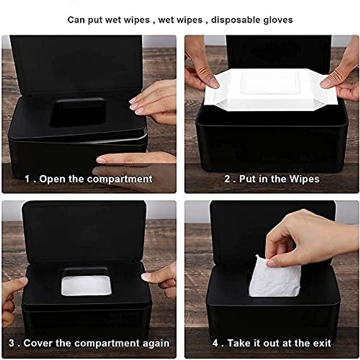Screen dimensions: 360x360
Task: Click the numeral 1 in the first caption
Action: (28, 179)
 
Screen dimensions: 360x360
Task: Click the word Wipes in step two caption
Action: (304, 179)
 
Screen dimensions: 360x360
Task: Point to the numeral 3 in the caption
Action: (11, 343)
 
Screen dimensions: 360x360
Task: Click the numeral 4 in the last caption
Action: (215, 343)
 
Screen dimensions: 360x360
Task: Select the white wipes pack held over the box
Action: (270, 90)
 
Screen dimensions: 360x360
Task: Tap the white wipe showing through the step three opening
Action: (86, 286)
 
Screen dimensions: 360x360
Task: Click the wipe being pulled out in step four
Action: (274, 277)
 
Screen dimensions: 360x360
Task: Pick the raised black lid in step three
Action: (84, 231)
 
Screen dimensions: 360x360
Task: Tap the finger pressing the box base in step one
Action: (132, 158)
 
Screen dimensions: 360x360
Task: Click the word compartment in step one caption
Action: (120, 179)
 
